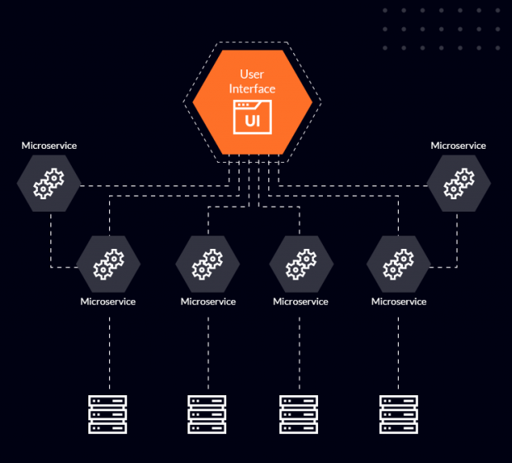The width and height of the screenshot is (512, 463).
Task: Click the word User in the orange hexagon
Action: coord(252,74)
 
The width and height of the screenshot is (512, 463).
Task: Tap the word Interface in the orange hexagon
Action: coord(252,88)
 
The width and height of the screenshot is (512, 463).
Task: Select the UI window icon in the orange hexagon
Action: coord(252,117)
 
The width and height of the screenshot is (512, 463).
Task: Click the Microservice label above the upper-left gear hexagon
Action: coord(49,146)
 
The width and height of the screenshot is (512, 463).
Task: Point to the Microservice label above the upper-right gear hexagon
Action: coord(458,146)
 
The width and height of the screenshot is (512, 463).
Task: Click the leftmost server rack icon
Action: coord(108,414)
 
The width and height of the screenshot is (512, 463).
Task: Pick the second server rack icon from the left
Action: coord(207,414)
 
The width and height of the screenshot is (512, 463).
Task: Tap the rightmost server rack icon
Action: coord(399,414)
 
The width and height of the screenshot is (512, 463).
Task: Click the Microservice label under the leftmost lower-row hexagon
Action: coord(108,302)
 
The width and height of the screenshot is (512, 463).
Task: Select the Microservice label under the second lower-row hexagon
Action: coord(208,302)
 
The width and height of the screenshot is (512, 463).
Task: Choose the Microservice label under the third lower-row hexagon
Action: coord(301,302)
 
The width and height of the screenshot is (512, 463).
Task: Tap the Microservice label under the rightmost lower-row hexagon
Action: coord(399,302)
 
